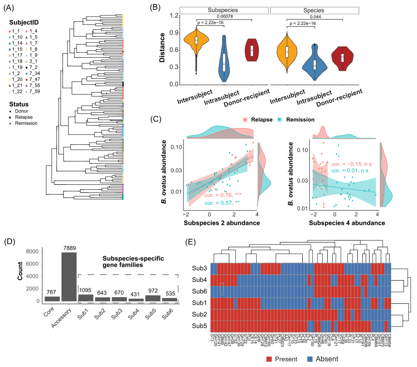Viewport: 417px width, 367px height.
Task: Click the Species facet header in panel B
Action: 315,10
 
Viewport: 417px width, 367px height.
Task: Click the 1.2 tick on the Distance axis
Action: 173,15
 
